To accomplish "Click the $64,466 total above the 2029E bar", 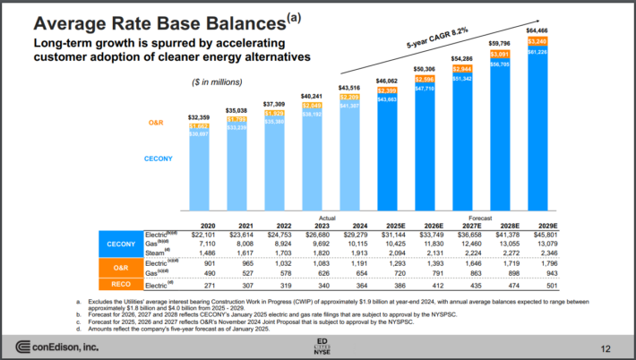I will (x=542, y=30).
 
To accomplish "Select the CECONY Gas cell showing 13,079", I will (x=545, y=244).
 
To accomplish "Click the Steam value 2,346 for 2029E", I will (x=545, y=253).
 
